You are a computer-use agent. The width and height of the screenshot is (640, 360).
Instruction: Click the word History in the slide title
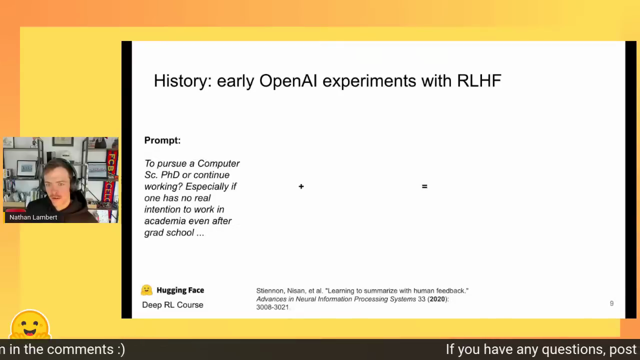point(182,81)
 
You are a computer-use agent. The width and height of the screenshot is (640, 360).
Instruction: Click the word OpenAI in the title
point(288,80)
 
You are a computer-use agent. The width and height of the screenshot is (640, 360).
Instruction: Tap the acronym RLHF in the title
point(479,80)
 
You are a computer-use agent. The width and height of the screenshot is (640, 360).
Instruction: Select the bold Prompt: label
point(162,140)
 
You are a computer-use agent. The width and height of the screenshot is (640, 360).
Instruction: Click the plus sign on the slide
point(301,186)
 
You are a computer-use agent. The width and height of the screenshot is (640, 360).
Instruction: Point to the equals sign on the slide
point(424,186)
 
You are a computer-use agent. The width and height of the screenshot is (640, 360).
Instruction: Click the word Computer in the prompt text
point(218,163)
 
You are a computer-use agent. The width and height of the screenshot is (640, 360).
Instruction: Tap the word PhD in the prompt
point(170,175)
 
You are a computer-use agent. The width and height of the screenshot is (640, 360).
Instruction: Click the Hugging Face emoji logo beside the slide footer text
point(146,290)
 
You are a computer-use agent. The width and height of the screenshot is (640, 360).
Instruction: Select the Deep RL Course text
point(172,305)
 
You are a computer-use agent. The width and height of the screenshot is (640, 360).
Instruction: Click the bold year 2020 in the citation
point(437,299)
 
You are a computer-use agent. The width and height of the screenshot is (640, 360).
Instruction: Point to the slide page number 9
point(611,303)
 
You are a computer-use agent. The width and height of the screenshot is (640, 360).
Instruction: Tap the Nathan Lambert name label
point(33,217)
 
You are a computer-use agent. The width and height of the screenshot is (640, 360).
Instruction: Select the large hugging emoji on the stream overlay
point(30,325)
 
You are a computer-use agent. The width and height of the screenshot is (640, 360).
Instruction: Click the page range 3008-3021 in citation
point(272,307)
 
